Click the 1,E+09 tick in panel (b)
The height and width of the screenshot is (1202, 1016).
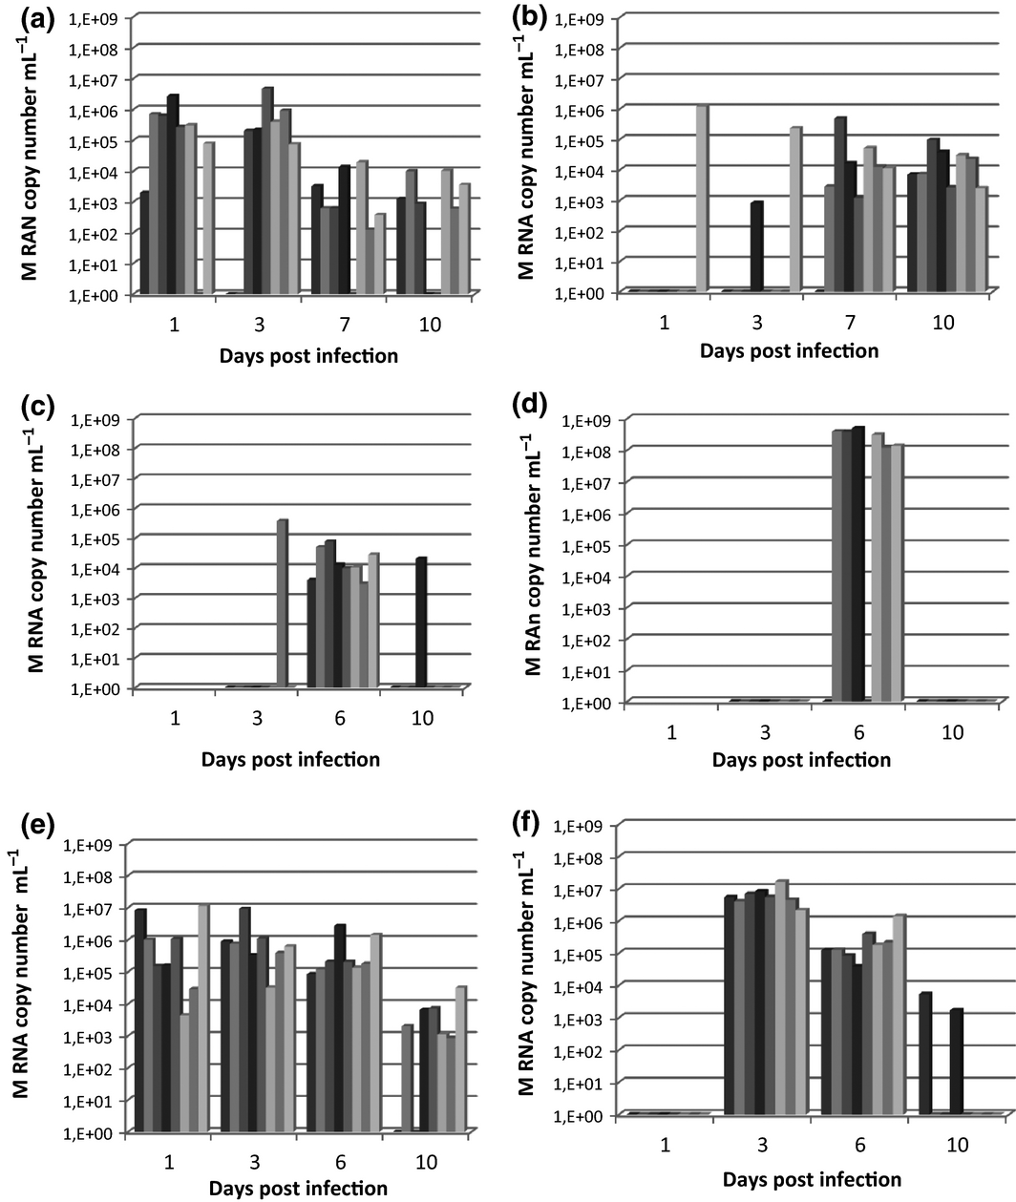click(x=580, y=18)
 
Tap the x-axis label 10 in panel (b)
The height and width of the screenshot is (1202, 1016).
click(x=942, y=323)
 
